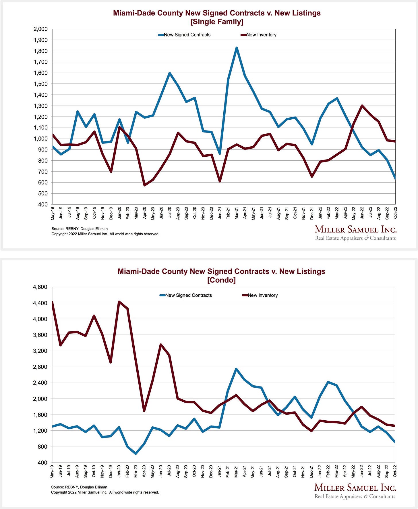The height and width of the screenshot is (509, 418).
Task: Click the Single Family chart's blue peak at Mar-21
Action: click(237, 48)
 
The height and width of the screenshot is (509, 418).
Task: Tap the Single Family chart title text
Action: click(217, 17)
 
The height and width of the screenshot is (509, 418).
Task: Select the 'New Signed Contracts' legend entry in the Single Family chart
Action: click(187, 35)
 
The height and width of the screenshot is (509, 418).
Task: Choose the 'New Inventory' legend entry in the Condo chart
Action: click(262, 295)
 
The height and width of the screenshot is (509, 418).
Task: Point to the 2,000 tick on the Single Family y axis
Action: click(40, 29)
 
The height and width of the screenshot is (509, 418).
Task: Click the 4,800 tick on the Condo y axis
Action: click(40, 287)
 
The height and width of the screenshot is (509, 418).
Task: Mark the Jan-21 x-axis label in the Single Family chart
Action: click(220, 213)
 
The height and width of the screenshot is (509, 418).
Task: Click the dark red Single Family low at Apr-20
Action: click(144, 185)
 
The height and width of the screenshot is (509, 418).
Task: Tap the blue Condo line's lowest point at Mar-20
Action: click(136, 454)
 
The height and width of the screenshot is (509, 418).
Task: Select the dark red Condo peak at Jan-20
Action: click(119, 302)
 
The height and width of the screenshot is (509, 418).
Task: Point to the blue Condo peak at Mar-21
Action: click(236, 369)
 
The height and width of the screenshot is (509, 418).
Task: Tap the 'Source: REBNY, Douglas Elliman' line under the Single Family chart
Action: click(80, 229)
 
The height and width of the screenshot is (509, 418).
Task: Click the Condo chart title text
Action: click(221, 275)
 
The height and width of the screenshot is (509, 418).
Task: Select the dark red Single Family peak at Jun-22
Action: click(362, 106)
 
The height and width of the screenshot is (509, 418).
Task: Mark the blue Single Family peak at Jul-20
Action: click(169, 73)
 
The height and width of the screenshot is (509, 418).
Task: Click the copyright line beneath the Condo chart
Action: click(105, 492)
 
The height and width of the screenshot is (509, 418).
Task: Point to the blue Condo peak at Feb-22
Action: click(328, 382)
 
